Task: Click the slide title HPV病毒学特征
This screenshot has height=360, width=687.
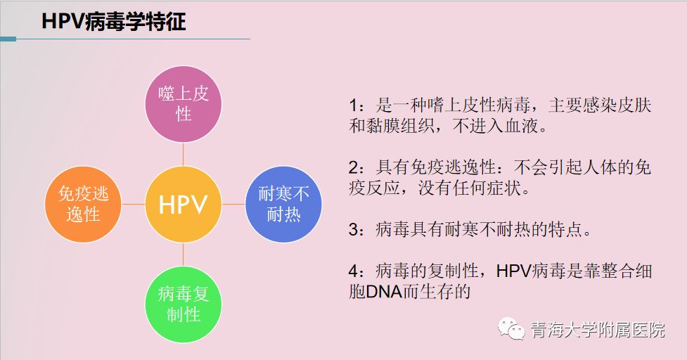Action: (x=114, y=21)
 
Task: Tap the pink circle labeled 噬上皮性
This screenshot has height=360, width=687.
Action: (x=183, y=104)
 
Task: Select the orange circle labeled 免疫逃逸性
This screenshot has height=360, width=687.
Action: (x=83, y=204)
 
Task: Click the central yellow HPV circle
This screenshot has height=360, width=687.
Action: (x=183, y=204)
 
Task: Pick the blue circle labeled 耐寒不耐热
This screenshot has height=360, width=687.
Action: (x=283, y=204)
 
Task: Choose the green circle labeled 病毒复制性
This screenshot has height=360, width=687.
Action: (x=183, y=304)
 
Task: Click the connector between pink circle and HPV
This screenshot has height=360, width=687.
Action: (x=183, y=155)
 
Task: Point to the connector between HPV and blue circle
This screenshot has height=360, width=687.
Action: (x=233, y=204)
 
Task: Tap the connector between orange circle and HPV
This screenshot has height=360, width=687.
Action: (x=133, y=204)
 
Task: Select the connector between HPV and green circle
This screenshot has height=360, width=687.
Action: (x=183, y=255)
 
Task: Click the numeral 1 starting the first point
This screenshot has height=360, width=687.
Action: (x=354, y=106)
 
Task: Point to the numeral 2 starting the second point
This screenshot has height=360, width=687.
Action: (x=354, y=168)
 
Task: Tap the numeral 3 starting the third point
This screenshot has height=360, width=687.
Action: (x=354, y=229)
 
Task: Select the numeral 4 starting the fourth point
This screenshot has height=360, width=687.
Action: (x=354, y=271)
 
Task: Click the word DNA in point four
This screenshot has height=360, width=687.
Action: (x=384, y=292)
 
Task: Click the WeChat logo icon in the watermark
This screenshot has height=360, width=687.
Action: (x=511, y=328)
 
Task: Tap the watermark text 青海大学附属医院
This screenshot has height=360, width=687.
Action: (x=598, y=329)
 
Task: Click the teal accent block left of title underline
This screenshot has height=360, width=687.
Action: (x=8, y=39)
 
